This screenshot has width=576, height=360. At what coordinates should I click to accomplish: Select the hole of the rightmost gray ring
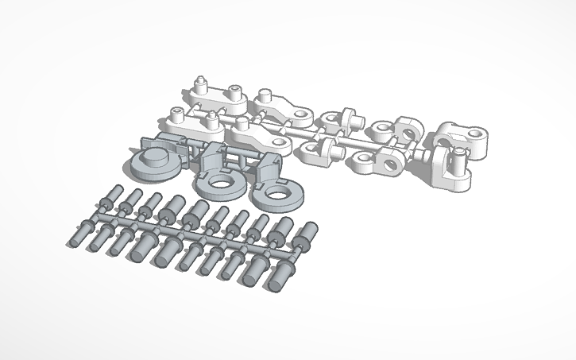point(276,193)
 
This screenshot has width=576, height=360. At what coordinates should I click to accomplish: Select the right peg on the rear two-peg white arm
point(234,90)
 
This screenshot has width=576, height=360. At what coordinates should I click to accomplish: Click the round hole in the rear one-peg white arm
point(301,114)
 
